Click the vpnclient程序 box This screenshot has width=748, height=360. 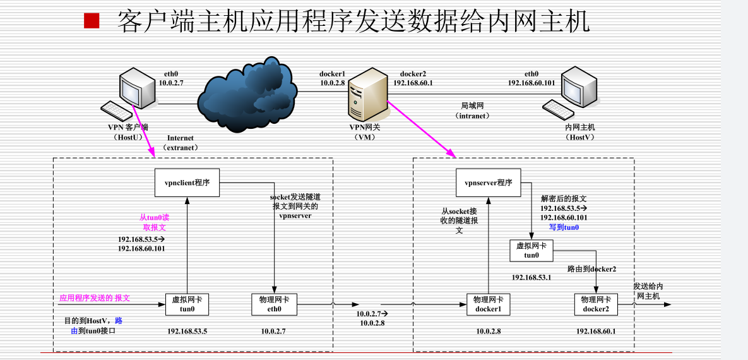[x=187, y=183]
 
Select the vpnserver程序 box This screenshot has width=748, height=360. [x=489, y=183]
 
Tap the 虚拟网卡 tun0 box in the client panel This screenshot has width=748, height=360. [x=187, y=304]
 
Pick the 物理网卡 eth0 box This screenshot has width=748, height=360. [x=274, y=304]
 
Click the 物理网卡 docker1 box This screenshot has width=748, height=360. [x=488, y=304]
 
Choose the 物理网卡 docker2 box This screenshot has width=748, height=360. [x=596, y=304]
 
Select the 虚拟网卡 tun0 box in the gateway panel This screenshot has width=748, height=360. [x=531, y=251]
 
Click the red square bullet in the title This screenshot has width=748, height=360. [x=92, y=21]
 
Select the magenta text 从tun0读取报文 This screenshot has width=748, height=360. [x=155, y=222]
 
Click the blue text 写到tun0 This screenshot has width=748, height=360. [x=564, y=227]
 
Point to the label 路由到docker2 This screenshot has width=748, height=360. [x=591, y=269]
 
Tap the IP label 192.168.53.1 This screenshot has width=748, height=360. [x=532, y=277]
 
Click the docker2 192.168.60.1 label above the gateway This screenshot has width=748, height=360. [x=413, y=78]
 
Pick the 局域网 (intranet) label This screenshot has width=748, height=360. [x=472, y=111]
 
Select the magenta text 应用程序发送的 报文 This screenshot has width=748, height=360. [x=95, y=298]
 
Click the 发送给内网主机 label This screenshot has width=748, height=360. [x=648, y=291]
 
